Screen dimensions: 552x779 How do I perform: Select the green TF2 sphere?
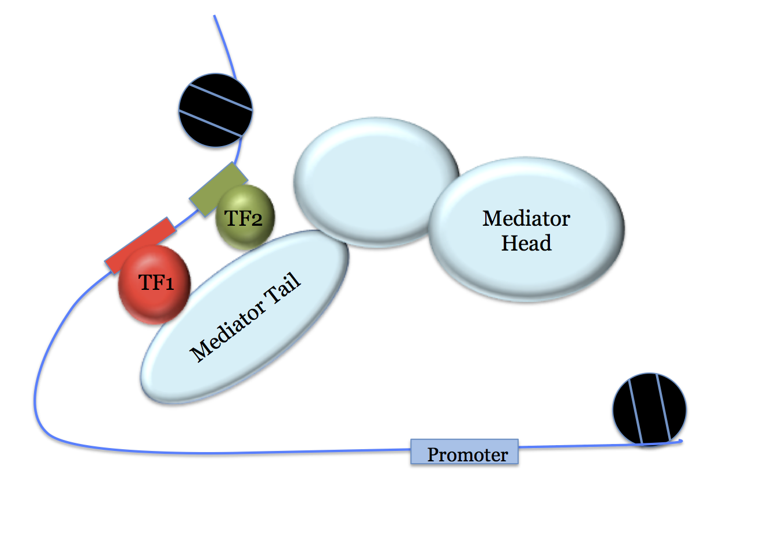click(245, 218)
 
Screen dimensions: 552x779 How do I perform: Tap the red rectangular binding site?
click(140, 245)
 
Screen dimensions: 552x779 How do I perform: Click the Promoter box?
click(465, 452)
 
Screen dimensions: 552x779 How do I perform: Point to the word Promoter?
click(467, 455)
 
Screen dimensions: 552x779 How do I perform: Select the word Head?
click(526, 243)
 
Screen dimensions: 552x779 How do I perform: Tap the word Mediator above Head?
click(526, 218)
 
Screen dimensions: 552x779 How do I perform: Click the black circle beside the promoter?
click(649, 409)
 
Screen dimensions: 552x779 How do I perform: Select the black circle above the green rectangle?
click(216, 110)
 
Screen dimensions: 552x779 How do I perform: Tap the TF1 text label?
click(156, 282)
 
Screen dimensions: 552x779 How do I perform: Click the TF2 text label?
click(244, 218)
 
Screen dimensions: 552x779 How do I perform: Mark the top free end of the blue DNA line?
click(215, 16)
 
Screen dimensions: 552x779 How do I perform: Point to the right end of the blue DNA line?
click(681, 442)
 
